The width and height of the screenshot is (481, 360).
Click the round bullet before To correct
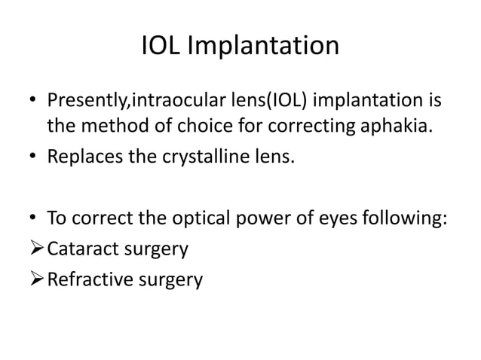point(34,220)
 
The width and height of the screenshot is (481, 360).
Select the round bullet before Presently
point(34,102)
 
